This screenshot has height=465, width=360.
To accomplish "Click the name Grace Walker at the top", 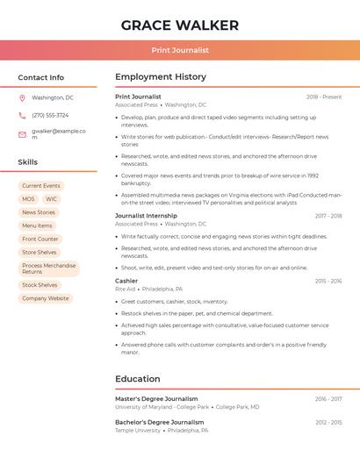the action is coord(179,24).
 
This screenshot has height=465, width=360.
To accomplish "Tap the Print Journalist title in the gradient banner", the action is coord(179,51).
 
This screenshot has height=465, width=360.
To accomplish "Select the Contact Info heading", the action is coord(41,77).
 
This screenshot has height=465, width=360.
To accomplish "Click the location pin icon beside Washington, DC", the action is coord(22,98).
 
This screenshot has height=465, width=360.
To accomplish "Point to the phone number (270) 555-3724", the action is coord(50,115).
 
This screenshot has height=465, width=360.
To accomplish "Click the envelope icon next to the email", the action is coord(22,134).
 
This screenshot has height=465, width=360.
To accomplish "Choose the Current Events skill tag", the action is coord(41,186).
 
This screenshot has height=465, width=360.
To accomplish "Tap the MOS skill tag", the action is coord(29,199).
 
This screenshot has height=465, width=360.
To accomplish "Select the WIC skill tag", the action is coord(51,199).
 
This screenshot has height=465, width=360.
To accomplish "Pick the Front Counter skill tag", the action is coord(40,239).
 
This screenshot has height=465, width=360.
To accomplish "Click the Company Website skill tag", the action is coord(45,298).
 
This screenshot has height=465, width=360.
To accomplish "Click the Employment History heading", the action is coord(161,77).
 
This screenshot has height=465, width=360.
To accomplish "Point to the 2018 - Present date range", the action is coord(324,97).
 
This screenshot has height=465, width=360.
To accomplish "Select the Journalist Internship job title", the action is coord(146,216).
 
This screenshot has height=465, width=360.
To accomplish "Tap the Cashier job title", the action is coord(126,281).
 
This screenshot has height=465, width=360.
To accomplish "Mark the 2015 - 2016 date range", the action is coord(328,281).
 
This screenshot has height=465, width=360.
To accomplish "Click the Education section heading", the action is coord(137,379).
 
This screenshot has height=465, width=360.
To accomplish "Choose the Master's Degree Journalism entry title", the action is coord(156,398).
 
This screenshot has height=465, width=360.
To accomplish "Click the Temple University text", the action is coord(138,431).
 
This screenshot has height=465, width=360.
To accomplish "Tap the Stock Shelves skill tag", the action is coord(40,285).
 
